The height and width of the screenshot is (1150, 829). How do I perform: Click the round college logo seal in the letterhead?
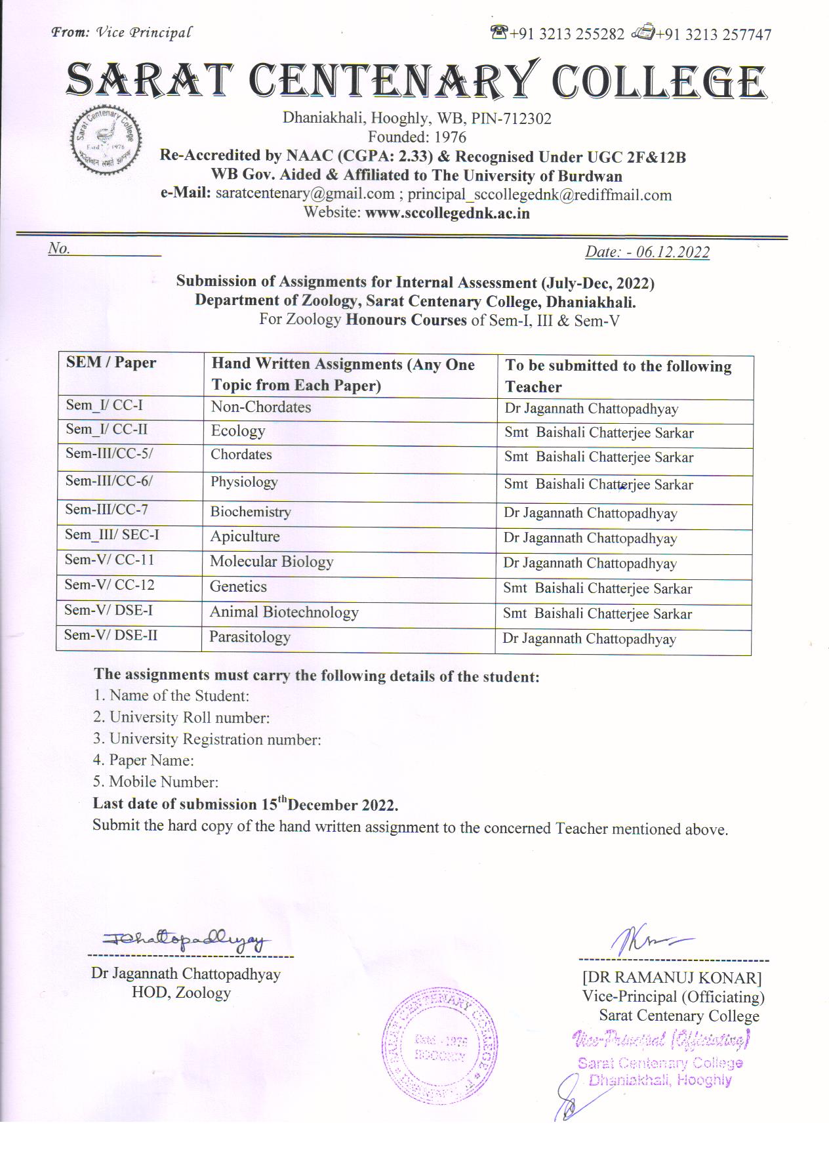(x=105, y=142)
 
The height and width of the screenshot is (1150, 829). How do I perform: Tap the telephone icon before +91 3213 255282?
(x=499, y=33)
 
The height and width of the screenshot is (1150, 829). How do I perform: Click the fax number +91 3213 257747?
(x=714, y=34)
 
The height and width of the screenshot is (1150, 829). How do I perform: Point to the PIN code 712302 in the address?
(x=527, y=119)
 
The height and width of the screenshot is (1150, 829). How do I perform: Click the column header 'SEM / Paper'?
(x=111, y=363)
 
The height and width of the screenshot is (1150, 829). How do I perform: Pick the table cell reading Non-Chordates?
(x=261, y=407)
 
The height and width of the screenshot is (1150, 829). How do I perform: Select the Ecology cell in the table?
(x=238, y=431)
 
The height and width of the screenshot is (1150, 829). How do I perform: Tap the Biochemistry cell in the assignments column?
(x=251, y=512)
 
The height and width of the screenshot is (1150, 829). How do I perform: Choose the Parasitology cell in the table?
(x=250, y=637)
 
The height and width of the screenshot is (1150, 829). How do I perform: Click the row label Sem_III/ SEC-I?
(x=112, y=535)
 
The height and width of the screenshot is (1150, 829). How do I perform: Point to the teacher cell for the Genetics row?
(x=597, y=588)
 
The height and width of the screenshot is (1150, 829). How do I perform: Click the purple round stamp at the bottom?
(x=439, y=1046)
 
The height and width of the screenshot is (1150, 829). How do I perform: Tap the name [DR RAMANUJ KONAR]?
(x=672, y=978)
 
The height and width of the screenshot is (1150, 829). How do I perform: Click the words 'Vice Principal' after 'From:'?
(x=144, y=32)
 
